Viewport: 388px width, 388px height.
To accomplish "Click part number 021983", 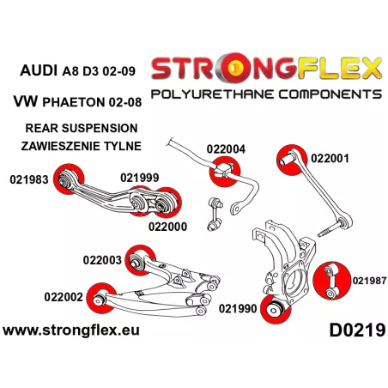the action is [29, 179].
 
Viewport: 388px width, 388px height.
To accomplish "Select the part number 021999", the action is [140, 178].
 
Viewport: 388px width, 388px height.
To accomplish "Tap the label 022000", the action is [167, 227].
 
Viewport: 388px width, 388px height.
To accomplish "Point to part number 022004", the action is [226, 149].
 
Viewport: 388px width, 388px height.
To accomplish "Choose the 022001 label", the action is [330, 158].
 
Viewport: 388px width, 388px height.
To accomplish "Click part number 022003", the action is [102, 260].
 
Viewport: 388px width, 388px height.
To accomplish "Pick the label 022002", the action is [64, 297].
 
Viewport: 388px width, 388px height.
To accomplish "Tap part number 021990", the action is [238, 309].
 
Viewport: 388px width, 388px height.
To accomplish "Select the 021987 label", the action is [369, 281].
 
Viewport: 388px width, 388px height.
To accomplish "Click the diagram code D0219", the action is [357, 330].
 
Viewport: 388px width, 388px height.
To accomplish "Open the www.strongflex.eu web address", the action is [71, 330].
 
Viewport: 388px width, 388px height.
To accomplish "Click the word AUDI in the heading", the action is [39, 70].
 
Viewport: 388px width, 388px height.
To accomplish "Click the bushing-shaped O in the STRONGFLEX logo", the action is [236, 68].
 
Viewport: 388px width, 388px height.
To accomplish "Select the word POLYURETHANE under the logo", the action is [213, 94].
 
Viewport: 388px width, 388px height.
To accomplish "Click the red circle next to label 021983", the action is [69, 179].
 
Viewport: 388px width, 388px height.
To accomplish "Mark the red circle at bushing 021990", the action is [276, 309].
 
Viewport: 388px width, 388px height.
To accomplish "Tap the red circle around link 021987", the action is [332, 281].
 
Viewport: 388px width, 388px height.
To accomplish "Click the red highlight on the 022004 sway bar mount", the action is [225, 172].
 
